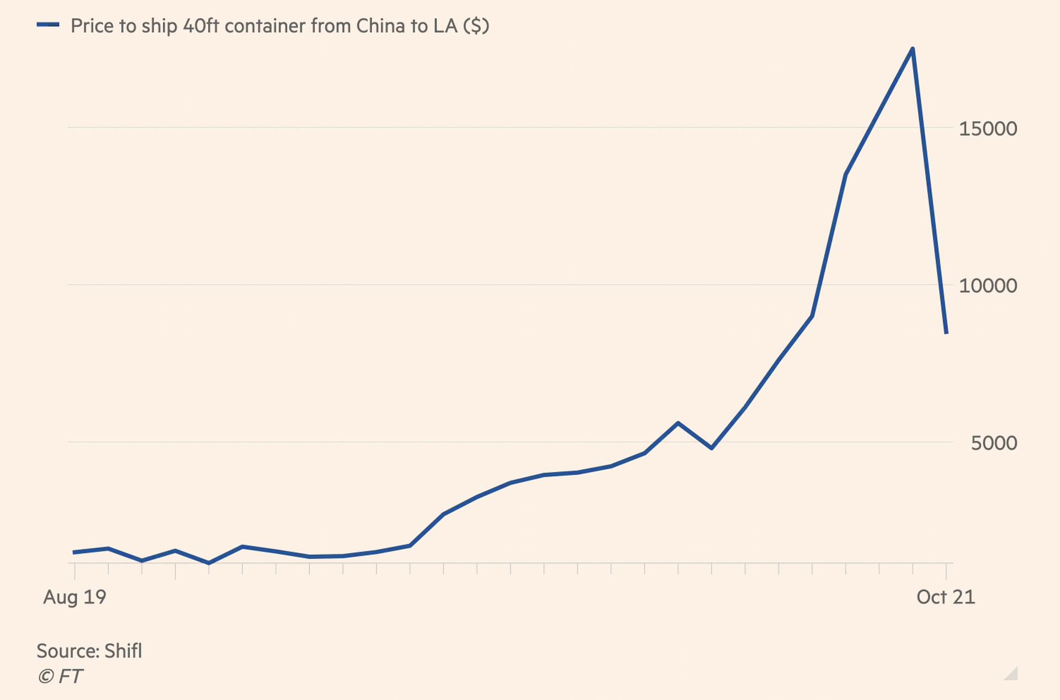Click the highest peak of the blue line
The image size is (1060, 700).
pos(913,50)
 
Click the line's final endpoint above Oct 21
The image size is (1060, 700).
pos(946,332)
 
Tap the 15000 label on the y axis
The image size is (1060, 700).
pos(988,129)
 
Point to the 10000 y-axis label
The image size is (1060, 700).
pos(988,285)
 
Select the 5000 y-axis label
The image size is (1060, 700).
pos(994,443)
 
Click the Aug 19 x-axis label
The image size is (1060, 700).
pos(75,597)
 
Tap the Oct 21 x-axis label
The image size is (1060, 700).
pos(946,597)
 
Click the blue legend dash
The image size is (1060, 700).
pos(48,25)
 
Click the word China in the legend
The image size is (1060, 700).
pos(380,26)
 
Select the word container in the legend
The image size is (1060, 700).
pos(265,26)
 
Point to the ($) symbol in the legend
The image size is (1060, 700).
pos(476,26)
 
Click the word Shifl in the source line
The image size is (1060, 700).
pos(123,651)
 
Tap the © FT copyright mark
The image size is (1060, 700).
pos(60,676)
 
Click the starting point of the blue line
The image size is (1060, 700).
pos(75,552)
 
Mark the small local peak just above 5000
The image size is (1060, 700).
pos(678,423)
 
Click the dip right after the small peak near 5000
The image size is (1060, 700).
pos(712,448)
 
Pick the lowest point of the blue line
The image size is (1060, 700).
pos(209,563)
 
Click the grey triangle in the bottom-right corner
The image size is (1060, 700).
pos(1012,674)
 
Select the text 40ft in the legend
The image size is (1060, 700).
pos(201,26)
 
